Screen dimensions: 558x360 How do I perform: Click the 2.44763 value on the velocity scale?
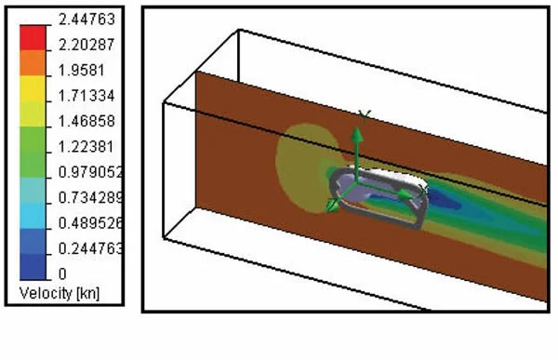coord(86,19)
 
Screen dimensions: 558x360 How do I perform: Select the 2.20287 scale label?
coord(86,45)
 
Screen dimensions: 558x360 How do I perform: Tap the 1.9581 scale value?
coord(82,70)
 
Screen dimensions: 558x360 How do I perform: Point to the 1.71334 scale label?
coord(86,96)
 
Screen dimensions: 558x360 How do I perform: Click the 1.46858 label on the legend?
coord(86,122)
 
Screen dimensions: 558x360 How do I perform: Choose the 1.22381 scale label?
coord(86,147)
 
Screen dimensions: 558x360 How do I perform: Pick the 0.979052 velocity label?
coord(90,172)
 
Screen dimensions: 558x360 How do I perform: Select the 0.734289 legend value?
coord(90,197)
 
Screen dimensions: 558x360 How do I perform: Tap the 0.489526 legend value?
coord(90,223)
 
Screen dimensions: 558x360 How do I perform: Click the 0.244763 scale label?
coord(90,248)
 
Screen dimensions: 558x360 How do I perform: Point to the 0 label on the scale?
coord(62,274)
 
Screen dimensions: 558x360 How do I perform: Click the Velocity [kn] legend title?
coord(60,293)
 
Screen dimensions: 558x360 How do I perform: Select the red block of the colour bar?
coord(33,38)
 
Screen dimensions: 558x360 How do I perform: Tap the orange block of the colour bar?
coord(33,63)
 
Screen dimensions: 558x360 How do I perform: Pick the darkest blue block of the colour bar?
coord(33,267)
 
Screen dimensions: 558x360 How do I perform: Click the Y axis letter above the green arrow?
coord(365,116)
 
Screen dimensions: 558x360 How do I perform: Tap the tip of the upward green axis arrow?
coord(356,127)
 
